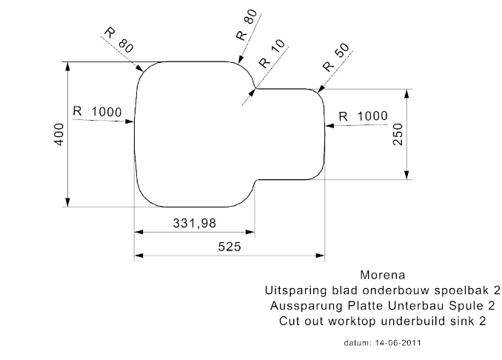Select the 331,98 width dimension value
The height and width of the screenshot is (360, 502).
[195, 223]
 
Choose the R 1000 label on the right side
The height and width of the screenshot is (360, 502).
[362, 116]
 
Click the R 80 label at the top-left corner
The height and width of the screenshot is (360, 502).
[119, 40]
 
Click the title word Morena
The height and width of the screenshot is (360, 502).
[382, 274]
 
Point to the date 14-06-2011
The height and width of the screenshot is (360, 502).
[399, 344]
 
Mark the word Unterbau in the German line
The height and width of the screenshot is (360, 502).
[418, 305]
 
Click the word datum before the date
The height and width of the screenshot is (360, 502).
[358, 344]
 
